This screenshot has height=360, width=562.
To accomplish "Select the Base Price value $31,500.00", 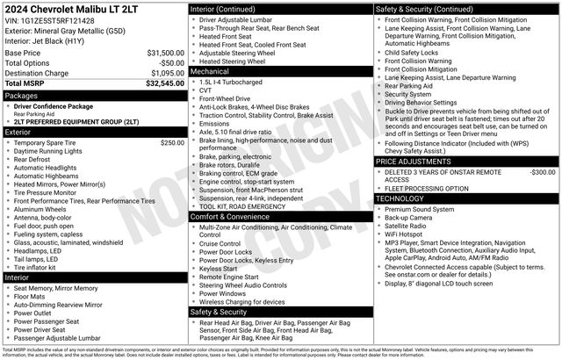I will [x=165, y=54].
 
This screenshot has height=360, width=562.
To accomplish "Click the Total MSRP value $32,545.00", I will [x=164, y=83].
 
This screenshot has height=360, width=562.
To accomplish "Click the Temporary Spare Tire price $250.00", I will [x=171, y=142].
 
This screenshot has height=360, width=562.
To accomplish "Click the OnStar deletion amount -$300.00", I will [x=543, y=172].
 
